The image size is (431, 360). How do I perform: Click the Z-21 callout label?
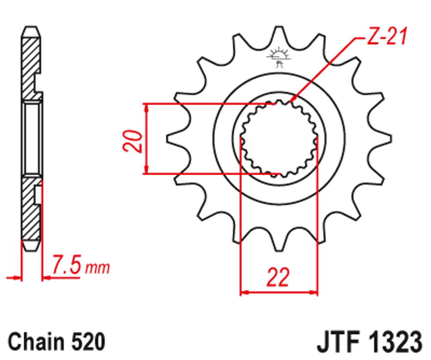[386, 38]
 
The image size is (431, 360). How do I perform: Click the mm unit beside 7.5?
[97, 268]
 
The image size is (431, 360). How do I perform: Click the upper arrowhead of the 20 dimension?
[147, 107]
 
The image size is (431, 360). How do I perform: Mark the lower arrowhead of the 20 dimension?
[147, 170]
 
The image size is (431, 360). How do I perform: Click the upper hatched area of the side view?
[31, 65]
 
